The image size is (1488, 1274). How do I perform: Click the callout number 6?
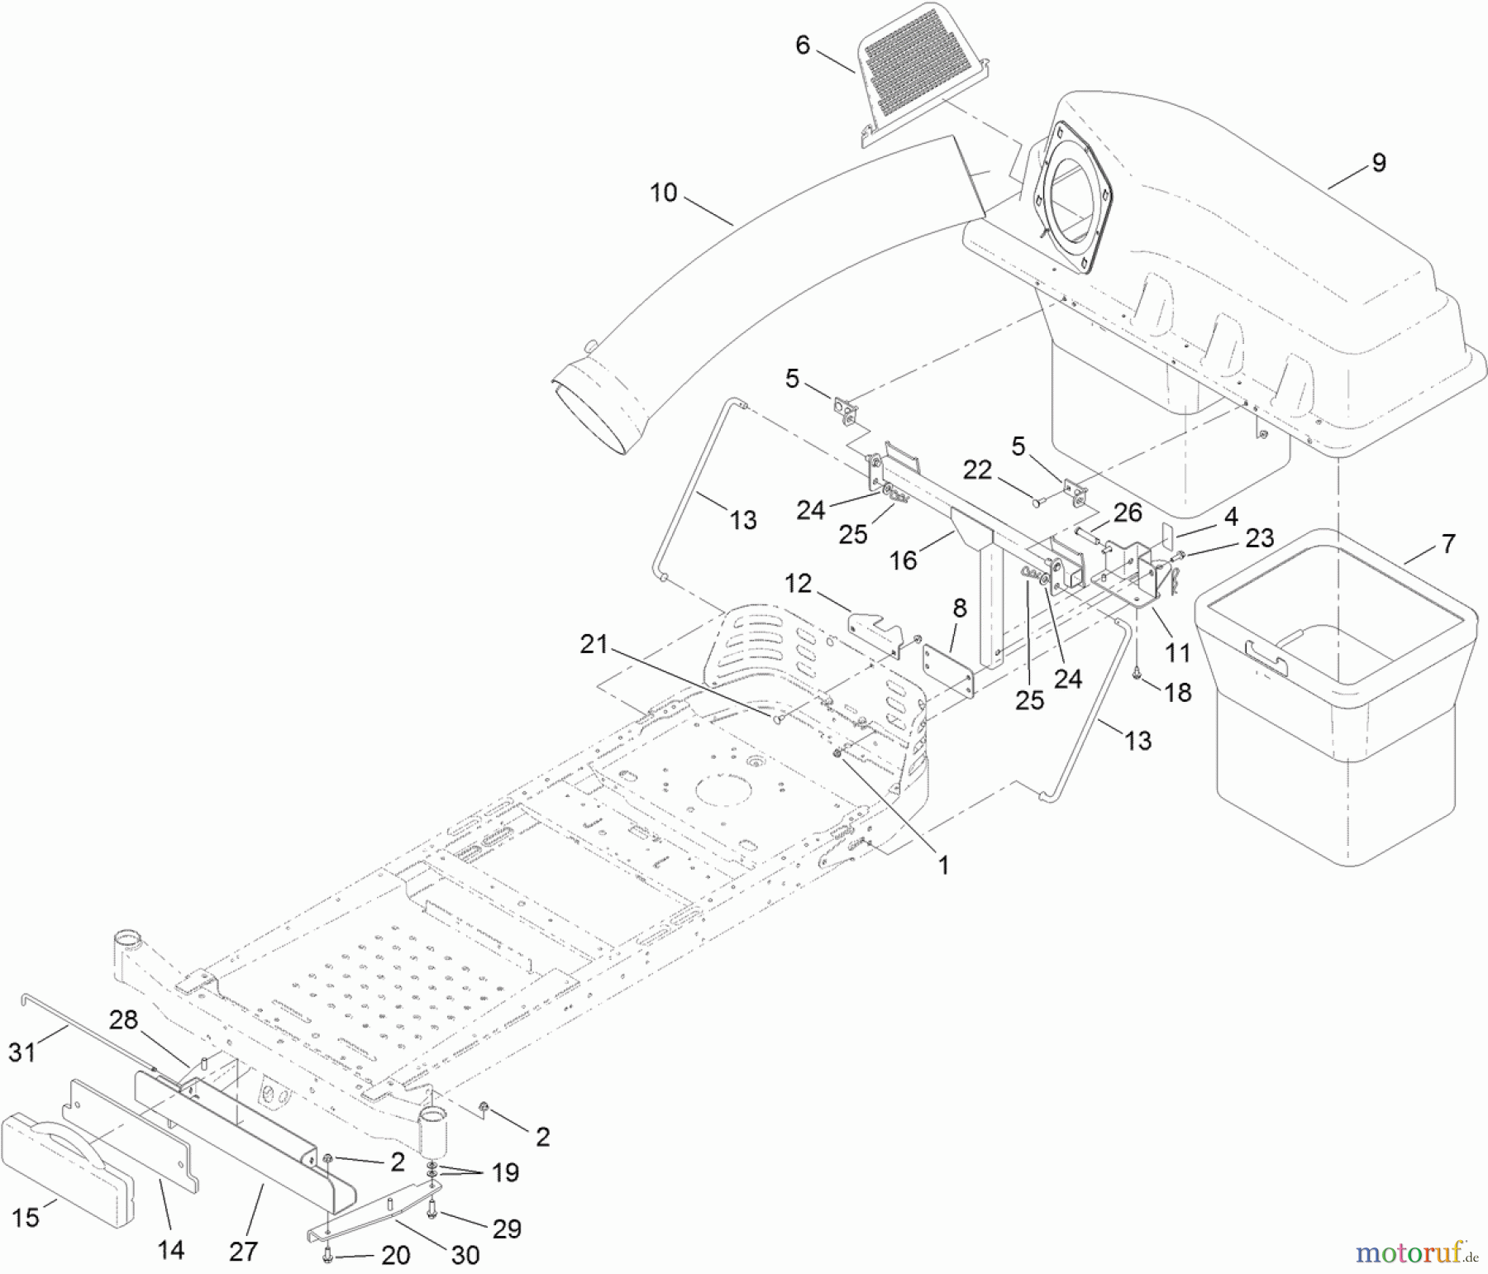(x=802, y=45)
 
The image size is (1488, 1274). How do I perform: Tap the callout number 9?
(x=1378, y=163)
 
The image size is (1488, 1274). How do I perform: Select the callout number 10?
(x=663, y=193)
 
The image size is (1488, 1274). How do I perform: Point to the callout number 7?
(x=1447, y=544)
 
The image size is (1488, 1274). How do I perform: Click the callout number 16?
(x=903, y=561)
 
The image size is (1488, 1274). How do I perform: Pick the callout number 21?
(x=594, y=644)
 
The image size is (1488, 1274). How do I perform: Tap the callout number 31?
(x=21, y=1052)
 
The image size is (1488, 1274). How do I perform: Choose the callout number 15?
(x=26, y=1217)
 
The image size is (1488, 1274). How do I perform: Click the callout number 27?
(x=243, y=1252)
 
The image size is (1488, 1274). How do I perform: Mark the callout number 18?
(x=1178, y=692)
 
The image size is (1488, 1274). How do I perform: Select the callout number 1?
(x=943, y=865)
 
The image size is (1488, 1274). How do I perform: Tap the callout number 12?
(x=798, y=584)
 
